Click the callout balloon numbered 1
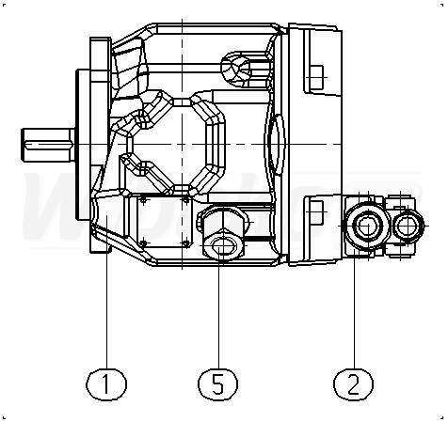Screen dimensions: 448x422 point(106,384)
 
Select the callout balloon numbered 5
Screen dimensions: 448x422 point(218,384)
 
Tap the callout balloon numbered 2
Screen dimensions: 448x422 point(353,384)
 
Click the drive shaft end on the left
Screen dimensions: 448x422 point(48,145)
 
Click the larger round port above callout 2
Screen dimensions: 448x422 point(367,226)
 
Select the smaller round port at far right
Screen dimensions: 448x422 point(407,226)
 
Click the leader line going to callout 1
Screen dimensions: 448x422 point(106,292)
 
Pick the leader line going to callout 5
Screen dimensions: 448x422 point(218,308)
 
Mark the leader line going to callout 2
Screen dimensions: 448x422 point(355,308)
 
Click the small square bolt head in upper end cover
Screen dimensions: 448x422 point(316,77)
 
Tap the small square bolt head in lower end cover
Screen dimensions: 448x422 point(316,211)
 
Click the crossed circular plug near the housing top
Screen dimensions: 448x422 point(236,68)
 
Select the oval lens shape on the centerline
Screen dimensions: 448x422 point(275,144)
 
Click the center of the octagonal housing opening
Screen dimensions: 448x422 point(182,145)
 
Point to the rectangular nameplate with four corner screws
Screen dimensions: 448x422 point(165,221)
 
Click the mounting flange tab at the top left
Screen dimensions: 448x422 point(100,59)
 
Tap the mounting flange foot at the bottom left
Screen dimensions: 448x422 point(100,237)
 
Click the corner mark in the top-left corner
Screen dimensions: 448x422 point(4,5)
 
